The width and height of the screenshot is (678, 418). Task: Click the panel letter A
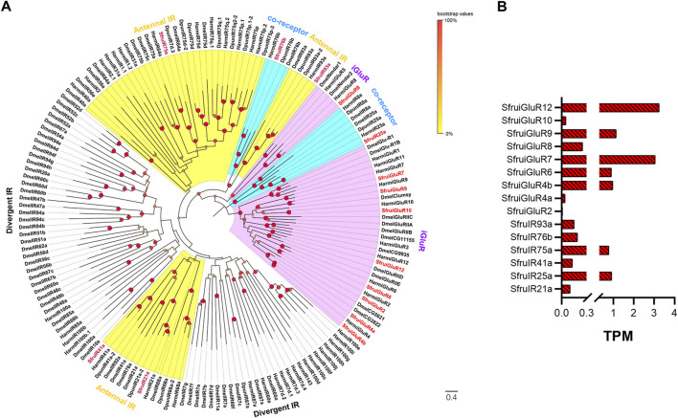click(7, 9)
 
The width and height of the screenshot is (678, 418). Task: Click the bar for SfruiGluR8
click(573, 146)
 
